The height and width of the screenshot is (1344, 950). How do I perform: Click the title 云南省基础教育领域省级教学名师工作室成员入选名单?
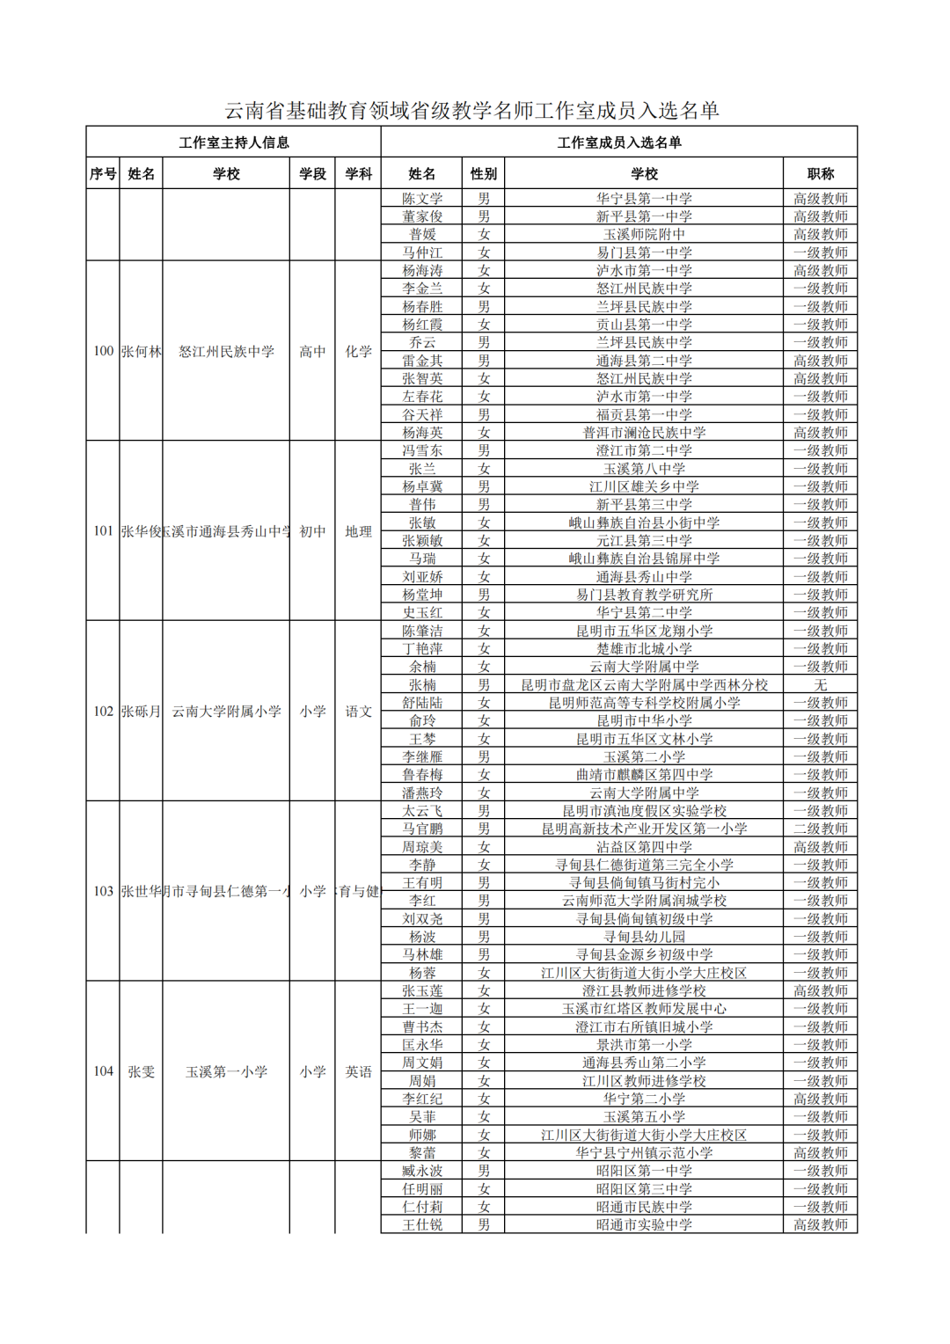tap(472, 111)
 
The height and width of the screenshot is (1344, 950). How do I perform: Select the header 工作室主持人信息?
tap(233, 142)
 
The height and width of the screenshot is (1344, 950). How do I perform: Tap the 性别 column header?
tap(483, 174)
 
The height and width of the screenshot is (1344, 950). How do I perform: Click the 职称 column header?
tap(820, 174)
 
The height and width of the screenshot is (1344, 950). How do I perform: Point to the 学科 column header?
tap(358, 174)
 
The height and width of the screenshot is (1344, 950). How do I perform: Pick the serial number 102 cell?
tap(103, 712)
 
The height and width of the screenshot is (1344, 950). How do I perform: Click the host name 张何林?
tap(141, 352)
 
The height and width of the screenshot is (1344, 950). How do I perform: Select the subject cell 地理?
tap(358, 532)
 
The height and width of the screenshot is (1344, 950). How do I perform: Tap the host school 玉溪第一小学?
tap(226, 1072)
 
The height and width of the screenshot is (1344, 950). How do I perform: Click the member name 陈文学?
tap(422, 199)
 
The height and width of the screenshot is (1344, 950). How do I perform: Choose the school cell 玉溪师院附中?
tap(644, 235)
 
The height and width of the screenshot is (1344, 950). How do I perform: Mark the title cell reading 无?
tap(820, 685)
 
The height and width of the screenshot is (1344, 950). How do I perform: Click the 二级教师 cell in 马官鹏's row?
tap(820, 829)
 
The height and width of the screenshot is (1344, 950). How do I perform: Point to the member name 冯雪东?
tap(422, 450)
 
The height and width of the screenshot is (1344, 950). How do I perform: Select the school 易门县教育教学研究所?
tap(644, 595)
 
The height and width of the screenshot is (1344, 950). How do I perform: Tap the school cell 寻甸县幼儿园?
tap(644, 937)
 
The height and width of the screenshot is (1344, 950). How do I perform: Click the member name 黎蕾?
tap(422, 1153)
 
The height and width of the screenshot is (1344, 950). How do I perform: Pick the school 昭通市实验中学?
tap(644, 1225)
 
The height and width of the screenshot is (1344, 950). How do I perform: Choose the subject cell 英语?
tap(358, 1072)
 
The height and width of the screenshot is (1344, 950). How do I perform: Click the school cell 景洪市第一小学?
tap(644, 1045)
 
